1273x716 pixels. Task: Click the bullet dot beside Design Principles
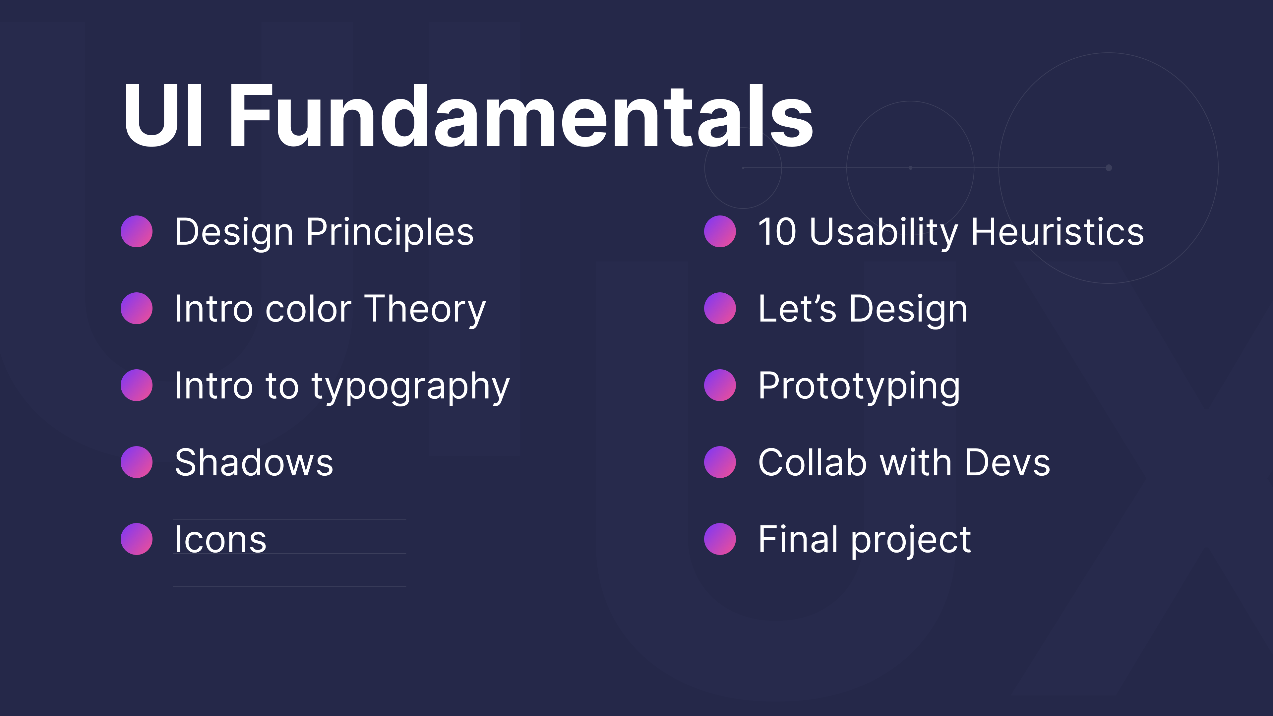pyautogui.click(x=136, y=231)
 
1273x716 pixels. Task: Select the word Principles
pyautogui.click(x=390, y=232)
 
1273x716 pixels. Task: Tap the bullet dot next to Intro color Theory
pyautogui.click(x=136, y=308)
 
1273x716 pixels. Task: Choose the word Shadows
pyautogui.click(x=254, y=462)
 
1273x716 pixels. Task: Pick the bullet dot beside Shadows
pyautogui.click(x=136, y=462)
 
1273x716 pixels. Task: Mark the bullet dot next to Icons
pyautogui.click(x=136, y=539)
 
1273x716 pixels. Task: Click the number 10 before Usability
pyautogui.click(x=777, y=231)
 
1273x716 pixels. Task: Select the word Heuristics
pyautogui.click(x=1058, y=231)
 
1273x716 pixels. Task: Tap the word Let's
pyautogui.click(x=797, y=308)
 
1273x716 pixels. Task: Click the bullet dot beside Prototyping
pyautogui.click(x=720, y=385)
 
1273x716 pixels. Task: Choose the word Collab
pyautogui.click(x=813, y=462)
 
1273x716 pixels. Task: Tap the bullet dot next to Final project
pyautogui.click(x=720, y=539)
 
